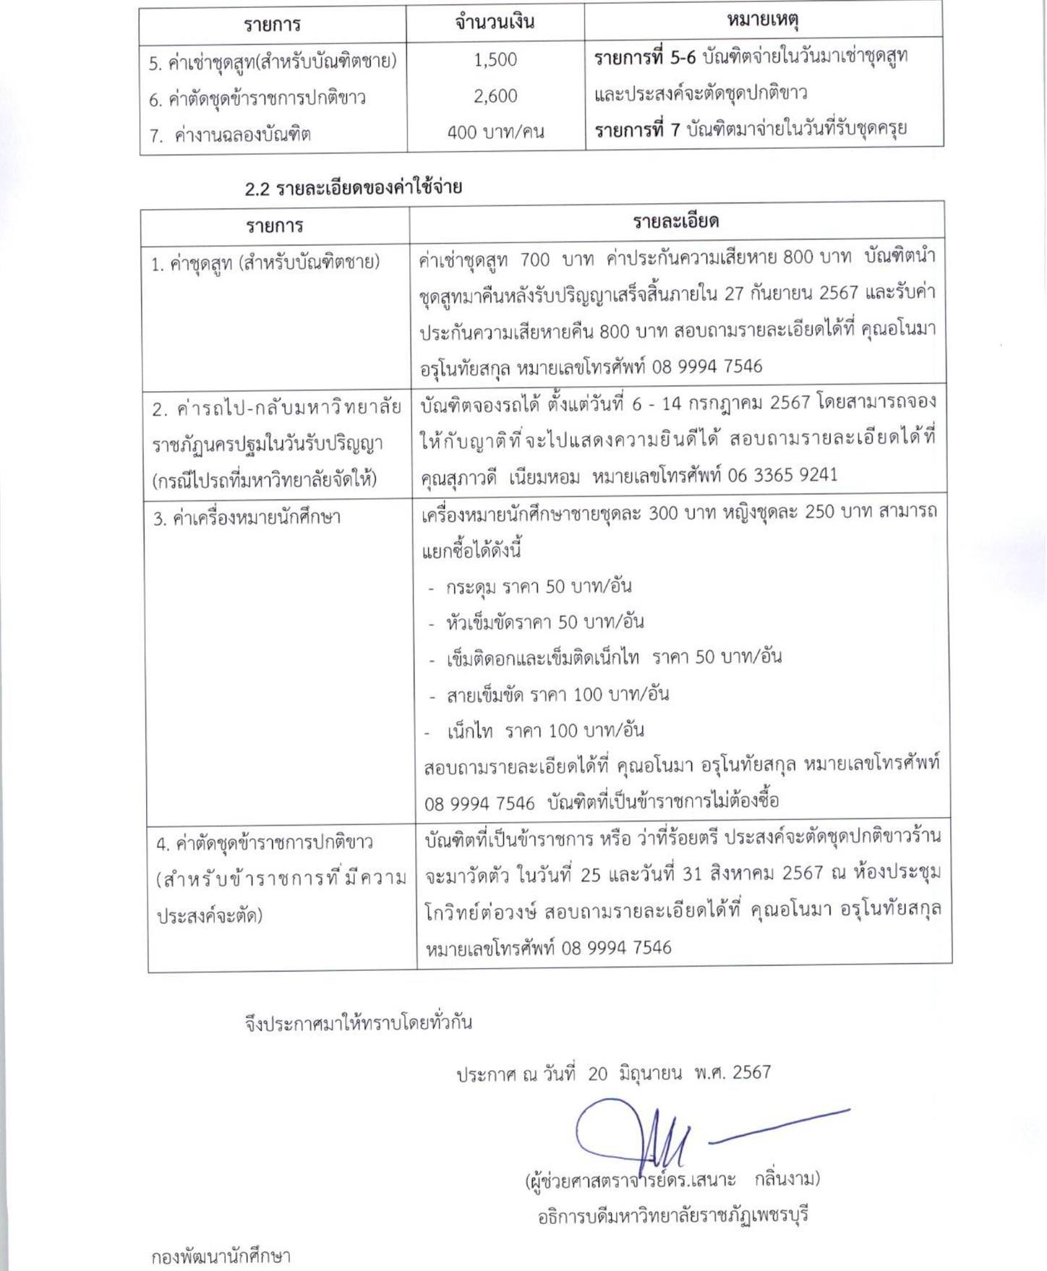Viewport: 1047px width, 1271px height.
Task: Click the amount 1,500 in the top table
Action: pyautogui.click(x=495, y=59)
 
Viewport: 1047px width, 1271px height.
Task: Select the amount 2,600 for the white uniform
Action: pyautogui.click(x=495, y=95)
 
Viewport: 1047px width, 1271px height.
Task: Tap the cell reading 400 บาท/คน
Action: pyautogui.click(x=495, y=132)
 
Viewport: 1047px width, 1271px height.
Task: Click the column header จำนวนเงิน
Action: pyautogui.click(x=495, y=22)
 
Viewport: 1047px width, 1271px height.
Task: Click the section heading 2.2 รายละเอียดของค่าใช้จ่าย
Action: pyautogui.click(x=353, y=188)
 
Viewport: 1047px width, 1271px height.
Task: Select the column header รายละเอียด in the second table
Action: pyautogui.click(x=675, y=221)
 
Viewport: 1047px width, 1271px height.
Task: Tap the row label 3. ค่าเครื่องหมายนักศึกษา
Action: pyautogui.click(x=246, y=518)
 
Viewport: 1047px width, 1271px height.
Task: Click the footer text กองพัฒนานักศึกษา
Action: pyautogui.click(x=221, y=1257)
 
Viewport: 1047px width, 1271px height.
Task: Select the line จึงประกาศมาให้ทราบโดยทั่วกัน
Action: pyautogui.click(x=358, y=1022)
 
